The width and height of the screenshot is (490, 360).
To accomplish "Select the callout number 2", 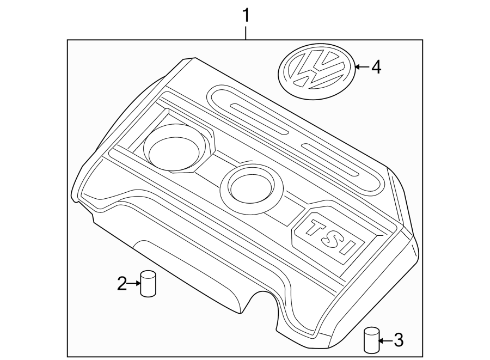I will [x=122, y=283].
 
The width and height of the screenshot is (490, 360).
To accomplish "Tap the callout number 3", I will [x=399, y=341].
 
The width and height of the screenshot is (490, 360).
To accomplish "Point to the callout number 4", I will [x=376, y=68].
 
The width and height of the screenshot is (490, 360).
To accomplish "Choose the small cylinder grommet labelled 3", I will [x=371, y=340].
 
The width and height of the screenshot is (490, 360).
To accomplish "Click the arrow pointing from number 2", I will [x=134, y=283].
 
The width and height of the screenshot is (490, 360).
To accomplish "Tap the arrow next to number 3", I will [x=385, y=341].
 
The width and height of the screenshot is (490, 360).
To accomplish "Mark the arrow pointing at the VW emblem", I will [x=362, y=68].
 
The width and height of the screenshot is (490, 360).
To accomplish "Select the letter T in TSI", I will [x=316, y=228].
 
